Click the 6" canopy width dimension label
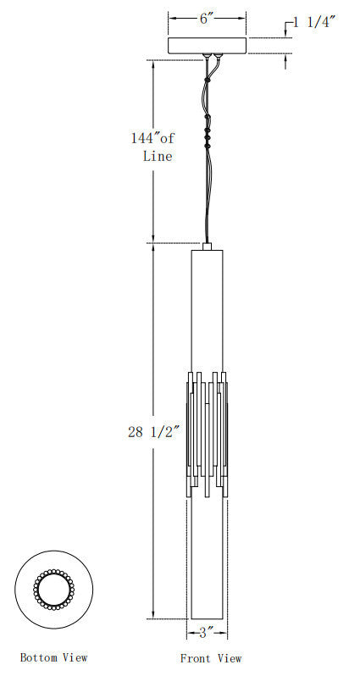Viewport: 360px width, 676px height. tap(207, 18)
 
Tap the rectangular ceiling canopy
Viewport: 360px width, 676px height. tap(208, 46)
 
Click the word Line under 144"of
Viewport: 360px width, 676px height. tap(158, 156)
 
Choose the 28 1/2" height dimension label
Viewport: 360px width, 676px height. tap(153, 432)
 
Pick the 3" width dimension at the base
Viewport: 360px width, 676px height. tap(208, 632)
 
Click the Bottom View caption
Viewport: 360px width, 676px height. tap(53, 657)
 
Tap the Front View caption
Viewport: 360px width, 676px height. tap(211, 657)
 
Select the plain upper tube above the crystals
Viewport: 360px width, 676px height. tap(208, 309)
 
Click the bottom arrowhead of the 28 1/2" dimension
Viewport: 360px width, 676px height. tap(152, 617)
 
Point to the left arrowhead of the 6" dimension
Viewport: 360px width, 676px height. tap(171, 18)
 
